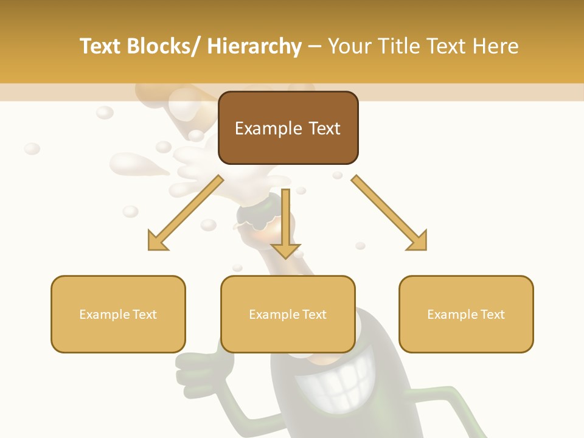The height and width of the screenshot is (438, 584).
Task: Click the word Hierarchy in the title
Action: (254, 46)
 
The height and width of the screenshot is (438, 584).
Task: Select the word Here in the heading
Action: (495, 46)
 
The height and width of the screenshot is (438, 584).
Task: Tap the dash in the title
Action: (315, 46)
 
